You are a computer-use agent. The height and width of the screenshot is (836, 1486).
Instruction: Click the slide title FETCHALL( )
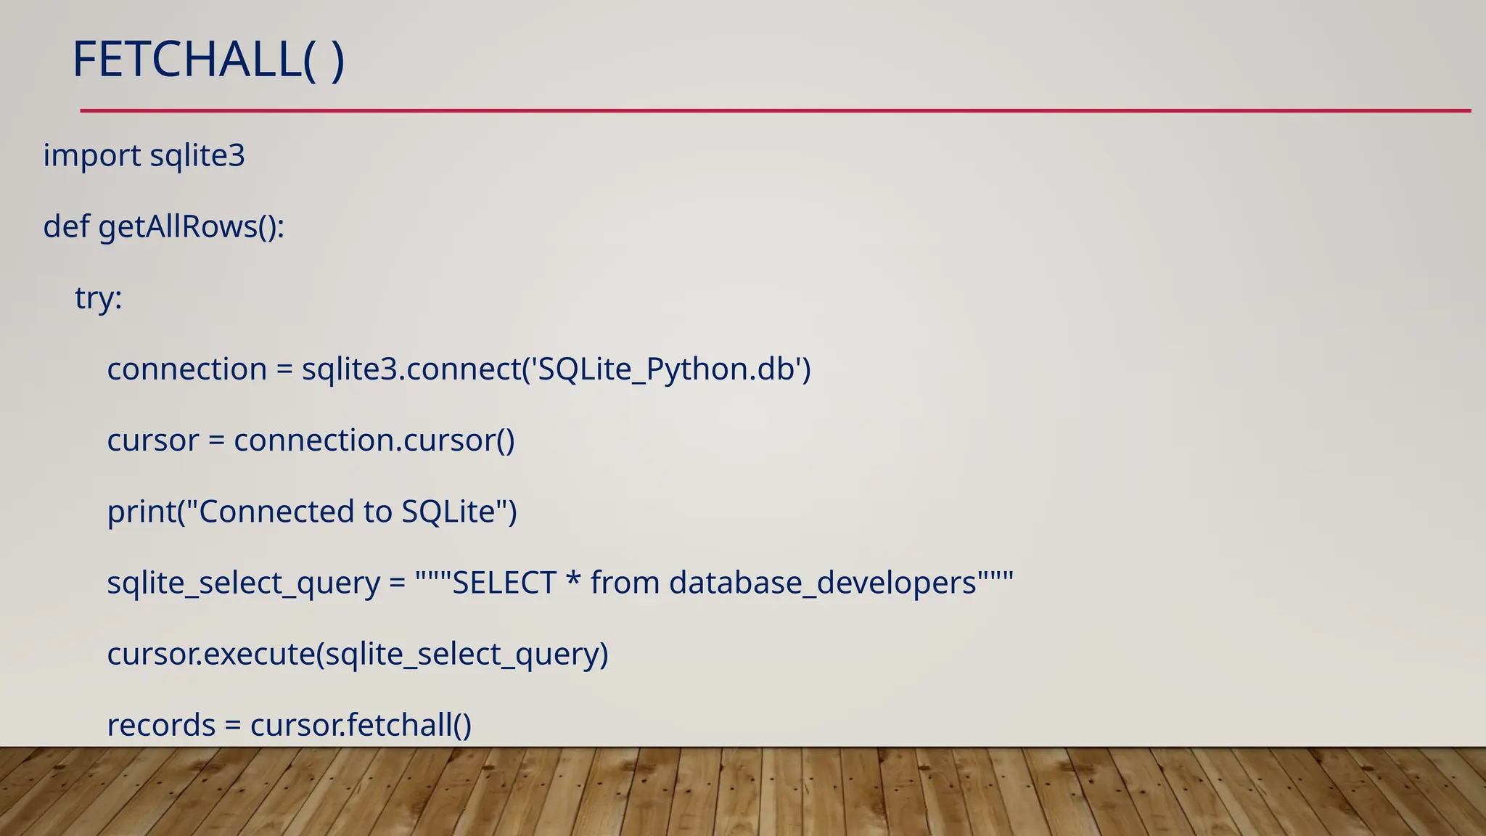coord(208,60)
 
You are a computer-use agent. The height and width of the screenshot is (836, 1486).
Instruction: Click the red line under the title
coord(775,111)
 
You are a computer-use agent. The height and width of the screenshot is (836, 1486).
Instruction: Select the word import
coord(92,155)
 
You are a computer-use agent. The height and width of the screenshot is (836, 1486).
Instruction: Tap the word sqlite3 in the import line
coord(197,155)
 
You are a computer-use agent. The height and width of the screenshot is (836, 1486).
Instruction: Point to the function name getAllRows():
coord(192,226)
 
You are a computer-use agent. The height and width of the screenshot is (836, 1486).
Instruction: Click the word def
coord(66,226)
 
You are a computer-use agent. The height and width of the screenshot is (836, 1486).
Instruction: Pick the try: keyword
coord(99,298)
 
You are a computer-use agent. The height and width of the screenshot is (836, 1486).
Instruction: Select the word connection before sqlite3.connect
coord(187,369)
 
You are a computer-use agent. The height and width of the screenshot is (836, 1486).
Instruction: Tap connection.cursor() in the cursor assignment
coord(374,440)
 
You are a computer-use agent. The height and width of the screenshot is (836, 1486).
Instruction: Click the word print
coord(142,512)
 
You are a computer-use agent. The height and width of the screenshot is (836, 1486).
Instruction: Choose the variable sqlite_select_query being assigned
coord(244,583)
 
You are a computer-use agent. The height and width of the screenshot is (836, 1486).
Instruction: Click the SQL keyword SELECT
coord(504,583)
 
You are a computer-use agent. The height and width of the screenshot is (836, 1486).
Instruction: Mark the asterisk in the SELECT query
coord(573,581)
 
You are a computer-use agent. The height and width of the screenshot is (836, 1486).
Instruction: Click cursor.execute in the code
coord(211,654)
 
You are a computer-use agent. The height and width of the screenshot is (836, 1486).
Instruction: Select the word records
coord(161,725)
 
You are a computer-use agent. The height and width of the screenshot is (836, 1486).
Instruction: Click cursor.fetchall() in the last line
coord(361,725)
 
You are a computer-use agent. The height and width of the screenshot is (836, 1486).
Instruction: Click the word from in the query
coord(625,583)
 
